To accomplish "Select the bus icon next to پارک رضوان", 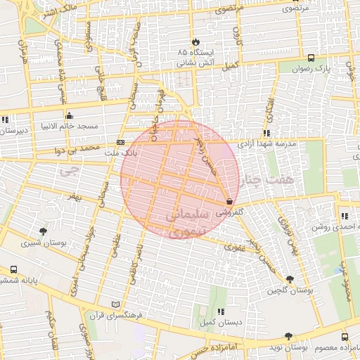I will pos(311,58).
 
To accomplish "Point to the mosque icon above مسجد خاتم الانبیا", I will pos(69,116).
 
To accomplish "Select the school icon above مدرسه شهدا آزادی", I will pos(266,133).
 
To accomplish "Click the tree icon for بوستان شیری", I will pos(44,231).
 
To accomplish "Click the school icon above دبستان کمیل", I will pos(221,311).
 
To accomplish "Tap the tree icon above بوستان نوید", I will pos(287,337).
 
